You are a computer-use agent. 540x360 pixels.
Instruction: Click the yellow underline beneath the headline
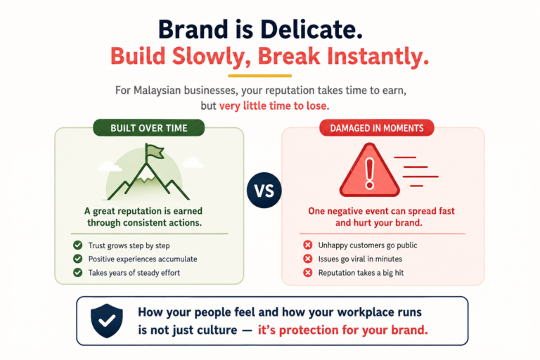click(259, 76)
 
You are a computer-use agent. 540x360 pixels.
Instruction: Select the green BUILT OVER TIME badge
click(149, 128)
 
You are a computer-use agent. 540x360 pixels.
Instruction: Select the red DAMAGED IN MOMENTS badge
click(377, 128)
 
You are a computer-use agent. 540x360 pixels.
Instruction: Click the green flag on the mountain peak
click(154, 152)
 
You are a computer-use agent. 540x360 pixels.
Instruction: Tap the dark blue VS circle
click(264, 191)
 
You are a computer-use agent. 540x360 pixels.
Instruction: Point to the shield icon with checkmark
click(107, 321)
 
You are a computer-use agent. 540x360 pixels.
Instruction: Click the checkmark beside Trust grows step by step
click(78, 245)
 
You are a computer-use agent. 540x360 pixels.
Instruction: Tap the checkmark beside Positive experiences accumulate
click(78, 259)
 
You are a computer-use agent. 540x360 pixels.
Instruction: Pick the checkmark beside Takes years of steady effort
click(78, 273)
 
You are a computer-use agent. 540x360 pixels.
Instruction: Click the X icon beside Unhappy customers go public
click(307, 245)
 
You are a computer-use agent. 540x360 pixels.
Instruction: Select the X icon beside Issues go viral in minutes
click(307, 259)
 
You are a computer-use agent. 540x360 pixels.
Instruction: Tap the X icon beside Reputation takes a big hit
click(307, 273)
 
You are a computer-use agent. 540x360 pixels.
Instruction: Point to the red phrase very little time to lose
click(274, 105)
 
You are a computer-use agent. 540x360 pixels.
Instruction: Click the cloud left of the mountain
click(110, 167)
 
